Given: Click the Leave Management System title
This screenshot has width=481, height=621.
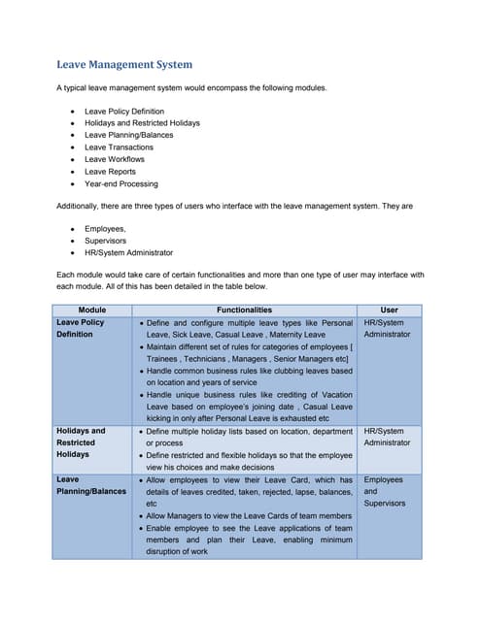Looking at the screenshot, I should (x=124, y=65).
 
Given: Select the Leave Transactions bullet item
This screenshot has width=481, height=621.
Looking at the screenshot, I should (x=119, y=147).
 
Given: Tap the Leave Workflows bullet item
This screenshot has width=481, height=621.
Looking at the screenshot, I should (x=115, y=159).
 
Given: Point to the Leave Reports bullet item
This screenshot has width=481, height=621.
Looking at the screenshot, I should (x=110, y=172).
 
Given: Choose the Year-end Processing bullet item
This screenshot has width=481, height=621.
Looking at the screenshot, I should (x=120, y=183).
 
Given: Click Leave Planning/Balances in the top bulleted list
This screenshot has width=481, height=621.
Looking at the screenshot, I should (x=129, y=135).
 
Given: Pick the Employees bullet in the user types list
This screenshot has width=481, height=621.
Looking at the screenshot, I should (x=105, y=228).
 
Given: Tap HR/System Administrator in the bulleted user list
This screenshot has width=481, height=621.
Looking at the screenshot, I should (x=129, y=251).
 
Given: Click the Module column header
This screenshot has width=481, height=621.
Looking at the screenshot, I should (x=92, y=310).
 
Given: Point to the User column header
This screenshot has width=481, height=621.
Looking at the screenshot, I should (x=389, y=310).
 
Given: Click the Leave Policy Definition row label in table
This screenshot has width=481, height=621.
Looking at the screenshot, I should (x=82, y=328).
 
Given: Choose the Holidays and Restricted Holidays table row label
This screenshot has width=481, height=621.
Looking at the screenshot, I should (x=82, y=442).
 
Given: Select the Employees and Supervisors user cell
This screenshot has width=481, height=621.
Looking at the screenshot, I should (x=384, y=491).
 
